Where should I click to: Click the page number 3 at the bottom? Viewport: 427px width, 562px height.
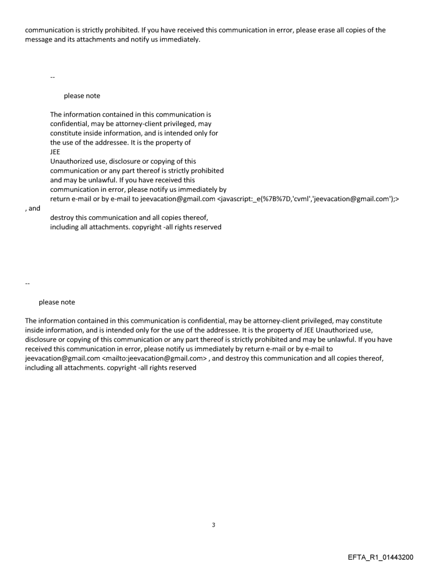213,524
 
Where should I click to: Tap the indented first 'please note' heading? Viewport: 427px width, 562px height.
82,96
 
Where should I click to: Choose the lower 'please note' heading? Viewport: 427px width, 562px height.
57,302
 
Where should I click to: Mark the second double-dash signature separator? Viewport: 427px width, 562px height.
27,284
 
